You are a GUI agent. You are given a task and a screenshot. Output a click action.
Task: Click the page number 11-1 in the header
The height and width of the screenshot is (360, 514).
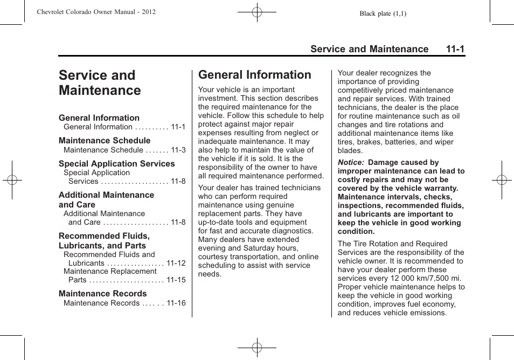point(455,49)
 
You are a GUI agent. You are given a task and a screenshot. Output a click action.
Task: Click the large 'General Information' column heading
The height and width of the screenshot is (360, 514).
point(254,75)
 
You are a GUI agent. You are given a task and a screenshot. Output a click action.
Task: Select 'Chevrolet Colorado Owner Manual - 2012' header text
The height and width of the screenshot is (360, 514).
point(96,12)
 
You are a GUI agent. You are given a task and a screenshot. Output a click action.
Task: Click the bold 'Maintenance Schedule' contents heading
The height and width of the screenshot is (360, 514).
point(105,141)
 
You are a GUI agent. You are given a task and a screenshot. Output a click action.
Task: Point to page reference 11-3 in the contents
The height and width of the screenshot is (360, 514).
point(178,150)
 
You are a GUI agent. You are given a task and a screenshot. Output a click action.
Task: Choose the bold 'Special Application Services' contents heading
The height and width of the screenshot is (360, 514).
point(116,164)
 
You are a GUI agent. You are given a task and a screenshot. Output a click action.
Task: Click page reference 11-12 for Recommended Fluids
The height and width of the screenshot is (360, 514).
point(176,264)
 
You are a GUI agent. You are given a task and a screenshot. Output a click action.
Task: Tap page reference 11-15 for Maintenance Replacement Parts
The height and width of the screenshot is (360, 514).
point(176,280)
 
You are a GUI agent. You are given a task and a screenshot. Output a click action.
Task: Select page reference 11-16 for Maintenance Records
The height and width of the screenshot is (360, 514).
point(176,303)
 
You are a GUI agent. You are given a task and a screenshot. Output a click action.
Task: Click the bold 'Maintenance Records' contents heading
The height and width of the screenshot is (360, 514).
point(102,294)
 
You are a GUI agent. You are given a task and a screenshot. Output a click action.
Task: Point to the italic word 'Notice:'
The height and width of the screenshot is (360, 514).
point(351,163)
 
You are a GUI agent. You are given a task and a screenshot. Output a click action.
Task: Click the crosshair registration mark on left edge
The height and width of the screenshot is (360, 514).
point(12,180)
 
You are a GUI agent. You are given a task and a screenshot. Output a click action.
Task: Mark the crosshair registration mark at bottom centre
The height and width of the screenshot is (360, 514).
point(257,348)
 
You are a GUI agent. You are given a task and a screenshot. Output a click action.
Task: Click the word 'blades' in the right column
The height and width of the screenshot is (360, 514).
point(350,151)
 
